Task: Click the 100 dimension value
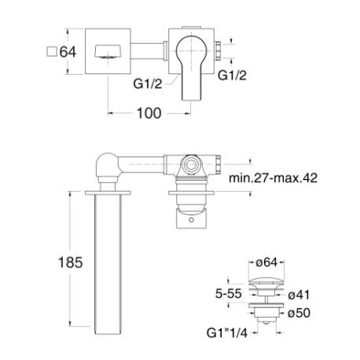pos(149,113)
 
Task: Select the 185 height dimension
pos(70,263)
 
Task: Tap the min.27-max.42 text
pos(273,178)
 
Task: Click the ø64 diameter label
pos(266,263)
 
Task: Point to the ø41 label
pos(299,295)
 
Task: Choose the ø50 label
pos(299,313)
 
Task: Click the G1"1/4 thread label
pos(227,333)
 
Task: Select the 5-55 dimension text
pos(228,293)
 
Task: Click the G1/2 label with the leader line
pos(148,84)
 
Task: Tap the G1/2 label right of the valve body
pos(233,75)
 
